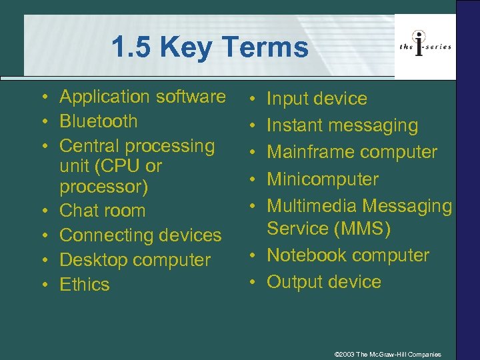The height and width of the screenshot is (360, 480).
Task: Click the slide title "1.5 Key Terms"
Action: click(210, 47)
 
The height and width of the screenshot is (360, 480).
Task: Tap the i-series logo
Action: click(425, 46)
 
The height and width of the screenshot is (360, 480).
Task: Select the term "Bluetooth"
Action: click(99, 121)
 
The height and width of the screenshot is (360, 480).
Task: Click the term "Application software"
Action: click(143, 97)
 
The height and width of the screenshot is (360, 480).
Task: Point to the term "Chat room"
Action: click(102, 211)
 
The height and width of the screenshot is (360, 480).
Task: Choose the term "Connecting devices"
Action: click(140, 235)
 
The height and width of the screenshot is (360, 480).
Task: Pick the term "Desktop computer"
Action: click(135, 260)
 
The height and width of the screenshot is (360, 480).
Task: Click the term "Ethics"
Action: click(85, 285)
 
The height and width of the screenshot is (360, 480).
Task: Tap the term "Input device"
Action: click(317, 99)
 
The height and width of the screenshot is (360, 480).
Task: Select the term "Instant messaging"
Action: click(342, 125)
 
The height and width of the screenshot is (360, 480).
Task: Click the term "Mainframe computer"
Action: click(352, 152)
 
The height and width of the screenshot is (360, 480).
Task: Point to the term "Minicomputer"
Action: click(323, 179)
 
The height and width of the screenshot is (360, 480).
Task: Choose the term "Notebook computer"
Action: click(348, 255)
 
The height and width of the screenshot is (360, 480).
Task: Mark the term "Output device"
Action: click(324, 282)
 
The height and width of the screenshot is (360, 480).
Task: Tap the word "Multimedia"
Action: click(312, 206)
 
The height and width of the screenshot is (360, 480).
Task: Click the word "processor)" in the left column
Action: click(103, 186)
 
